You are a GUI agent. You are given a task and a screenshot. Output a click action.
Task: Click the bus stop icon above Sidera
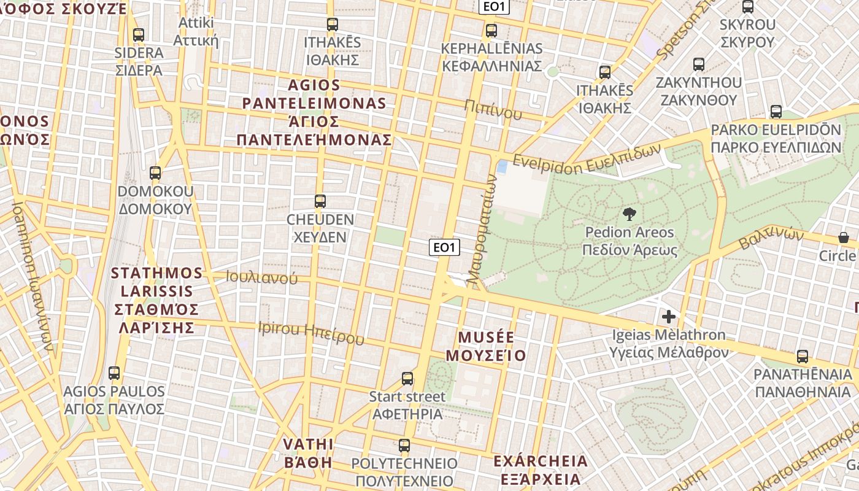click(x=139, y=35)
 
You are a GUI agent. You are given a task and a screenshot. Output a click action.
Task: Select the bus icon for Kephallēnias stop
click(x=491, y=31)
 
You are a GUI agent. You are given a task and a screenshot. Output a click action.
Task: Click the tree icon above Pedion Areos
click(x=629, y=214)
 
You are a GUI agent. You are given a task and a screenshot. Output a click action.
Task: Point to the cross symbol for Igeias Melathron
click(x=669, y=317)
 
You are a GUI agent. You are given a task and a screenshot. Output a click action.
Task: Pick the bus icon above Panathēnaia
click(x=802, y=357)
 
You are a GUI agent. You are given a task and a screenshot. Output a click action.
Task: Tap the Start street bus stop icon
click(x=407, y=379)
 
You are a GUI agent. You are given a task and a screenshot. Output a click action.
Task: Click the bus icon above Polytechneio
click(x=404, y=446)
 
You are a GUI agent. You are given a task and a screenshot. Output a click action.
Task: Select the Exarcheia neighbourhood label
click(x=541, y=470)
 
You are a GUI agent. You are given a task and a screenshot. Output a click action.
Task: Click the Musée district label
click(x=486, y=346)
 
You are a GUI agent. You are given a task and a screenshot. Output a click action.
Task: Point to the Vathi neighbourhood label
click(x=308, y=453)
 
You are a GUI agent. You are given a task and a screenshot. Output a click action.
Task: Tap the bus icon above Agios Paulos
click(x=114, y=373)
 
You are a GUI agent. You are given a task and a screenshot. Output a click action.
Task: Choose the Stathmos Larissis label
click(x=156, y=300)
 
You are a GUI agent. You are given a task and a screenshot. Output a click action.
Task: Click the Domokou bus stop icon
click(x=155, y=173)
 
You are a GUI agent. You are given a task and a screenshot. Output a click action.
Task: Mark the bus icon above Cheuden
click(x=320, y=201)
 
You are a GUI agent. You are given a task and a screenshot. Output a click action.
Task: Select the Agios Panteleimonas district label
click(x=314, y=112)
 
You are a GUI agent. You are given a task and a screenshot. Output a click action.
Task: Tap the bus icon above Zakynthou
click(x=698, y=64)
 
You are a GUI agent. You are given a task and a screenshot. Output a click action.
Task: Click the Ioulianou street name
click(x=262, y=278)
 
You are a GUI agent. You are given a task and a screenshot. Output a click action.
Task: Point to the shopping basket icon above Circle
click(x=844, y=238)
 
